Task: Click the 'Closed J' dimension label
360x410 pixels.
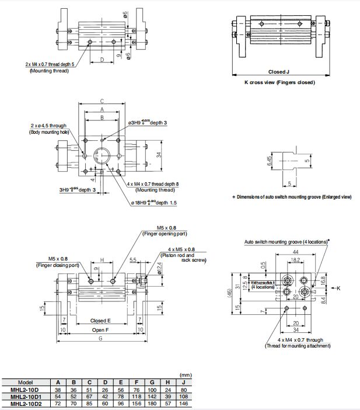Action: (x=279, y=72)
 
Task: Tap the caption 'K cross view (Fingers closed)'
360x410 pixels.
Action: (x=279, y=82)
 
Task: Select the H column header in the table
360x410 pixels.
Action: (x=152, y=382)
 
